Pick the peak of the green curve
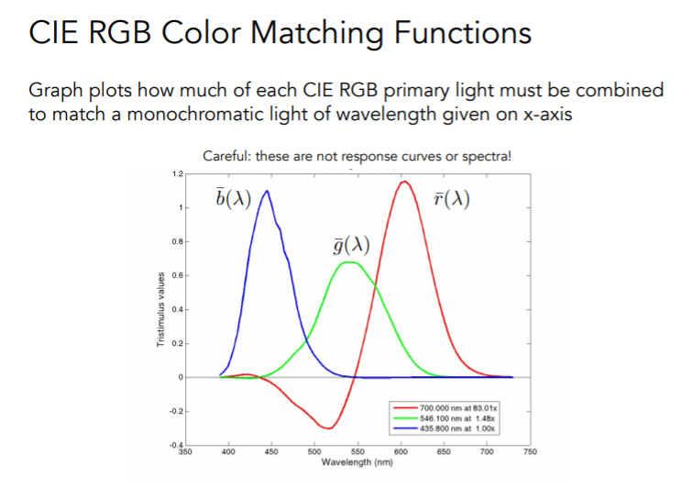[348, 262]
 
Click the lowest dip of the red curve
[326, 427]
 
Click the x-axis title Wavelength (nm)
[357, 462]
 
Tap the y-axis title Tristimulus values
[160, 308]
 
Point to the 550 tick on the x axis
[357, 452]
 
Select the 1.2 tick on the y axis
[178, 174]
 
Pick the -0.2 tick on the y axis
[177, 411]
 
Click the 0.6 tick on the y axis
[178, 275]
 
